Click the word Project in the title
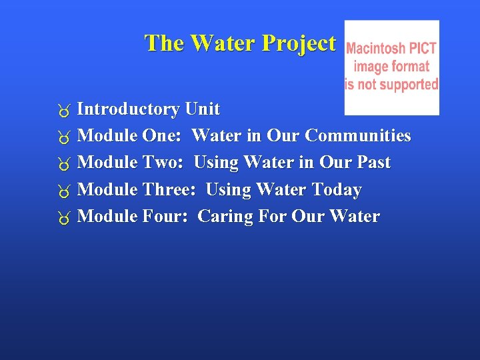point(299,43)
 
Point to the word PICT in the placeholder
point(423,49)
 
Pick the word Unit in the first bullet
point(203,109)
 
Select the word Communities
point(358,136)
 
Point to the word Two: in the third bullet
point(163,163)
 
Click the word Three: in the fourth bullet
point(169,190)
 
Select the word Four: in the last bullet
point(165,217)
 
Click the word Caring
point(223,217)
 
